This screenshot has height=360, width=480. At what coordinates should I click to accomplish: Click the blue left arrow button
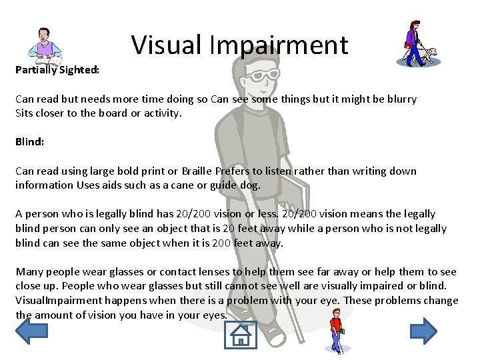pyautogui.click(x=31, y=330)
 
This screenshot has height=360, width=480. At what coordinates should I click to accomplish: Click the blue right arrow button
pyautogui.click(x=423, y=330)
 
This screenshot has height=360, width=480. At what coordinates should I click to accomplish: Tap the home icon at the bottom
pyautogui.click(x=241, y=335)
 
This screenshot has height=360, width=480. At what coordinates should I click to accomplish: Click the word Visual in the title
pyautogui.click(x=167, y=45)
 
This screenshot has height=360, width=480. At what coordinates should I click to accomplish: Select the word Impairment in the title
pyautogui.click(x=279, y=45)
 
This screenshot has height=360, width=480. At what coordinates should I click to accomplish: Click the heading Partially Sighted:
pyautogui.click(x=57, y=69)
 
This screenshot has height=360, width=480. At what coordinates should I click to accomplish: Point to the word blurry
pyautogui.click(x=399, y=99)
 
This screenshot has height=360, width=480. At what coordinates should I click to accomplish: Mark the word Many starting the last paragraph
pyautogui.click(x=29, y=271)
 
